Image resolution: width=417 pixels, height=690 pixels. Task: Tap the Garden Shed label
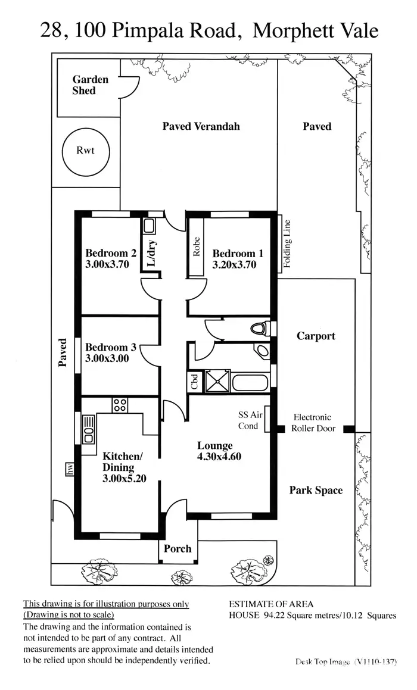point(90,85)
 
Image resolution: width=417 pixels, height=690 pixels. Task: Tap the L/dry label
point(151,252)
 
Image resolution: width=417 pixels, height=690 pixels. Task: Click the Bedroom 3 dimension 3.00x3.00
point(107,358)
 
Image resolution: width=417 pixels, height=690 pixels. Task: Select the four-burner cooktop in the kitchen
point(120,405)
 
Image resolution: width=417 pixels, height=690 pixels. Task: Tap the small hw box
point(70,470)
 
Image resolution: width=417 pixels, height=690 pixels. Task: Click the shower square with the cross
point(217,381)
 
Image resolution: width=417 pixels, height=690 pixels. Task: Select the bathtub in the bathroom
point(251,382)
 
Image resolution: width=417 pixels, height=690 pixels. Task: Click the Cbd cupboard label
point(195,382)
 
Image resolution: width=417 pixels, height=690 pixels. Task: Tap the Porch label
point(178,548)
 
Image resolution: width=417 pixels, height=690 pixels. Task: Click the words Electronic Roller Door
point(313,423)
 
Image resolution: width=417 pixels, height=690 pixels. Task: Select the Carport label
point(316,336)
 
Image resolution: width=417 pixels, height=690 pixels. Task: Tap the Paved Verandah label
point(201,126)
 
